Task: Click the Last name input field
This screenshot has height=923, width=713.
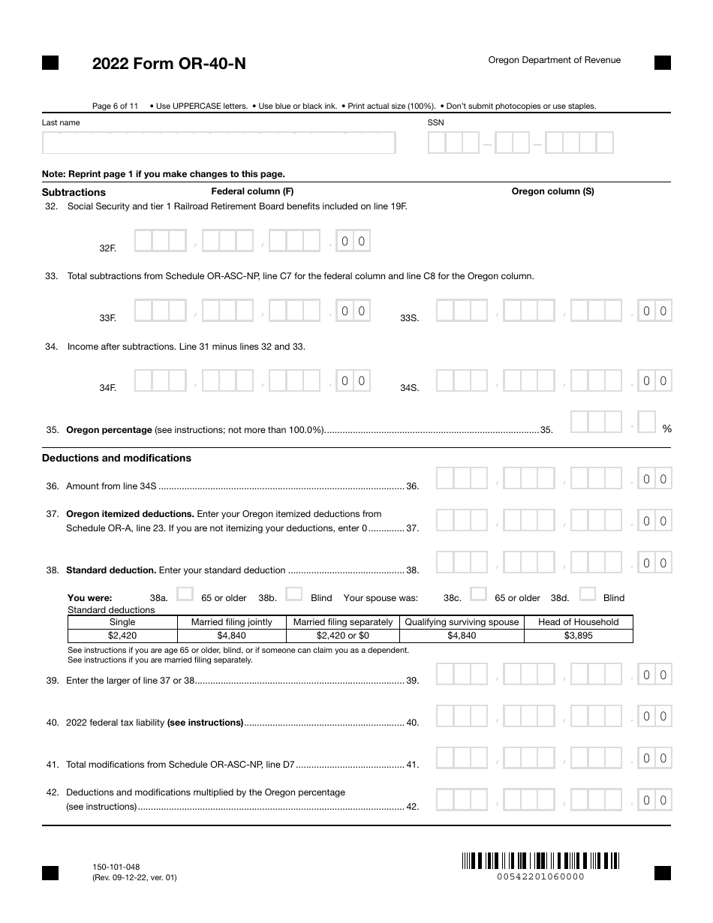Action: (218, 143)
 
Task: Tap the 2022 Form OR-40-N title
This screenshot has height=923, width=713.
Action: (169, 65)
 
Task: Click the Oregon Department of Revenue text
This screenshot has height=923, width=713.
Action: (555, 60)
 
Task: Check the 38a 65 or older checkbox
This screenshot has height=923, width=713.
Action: (185, 594)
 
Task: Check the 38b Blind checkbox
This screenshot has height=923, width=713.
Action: (294, 594)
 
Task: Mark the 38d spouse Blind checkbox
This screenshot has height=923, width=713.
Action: (588, 594)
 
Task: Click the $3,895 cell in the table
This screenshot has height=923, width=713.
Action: (579, 636)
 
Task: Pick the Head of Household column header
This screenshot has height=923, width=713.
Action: (579, 622)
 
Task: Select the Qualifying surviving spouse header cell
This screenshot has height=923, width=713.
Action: (462, 622)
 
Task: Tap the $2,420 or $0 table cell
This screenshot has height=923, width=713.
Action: (343, 636)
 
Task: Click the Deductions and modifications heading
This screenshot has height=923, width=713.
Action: (116, 458)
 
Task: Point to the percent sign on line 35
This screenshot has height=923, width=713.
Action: (666, 429)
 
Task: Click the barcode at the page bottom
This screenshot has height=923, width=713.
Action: (540, 861)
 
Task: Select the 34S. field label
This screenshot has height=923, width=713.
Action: (409, 388)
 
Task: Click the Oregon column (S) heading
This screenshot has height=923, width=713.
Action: (552, 191)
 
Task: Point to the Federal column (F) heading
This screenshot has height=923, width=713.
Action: (252, 191)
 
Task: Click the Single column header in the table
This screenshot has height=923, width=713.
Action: (122, 622)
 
